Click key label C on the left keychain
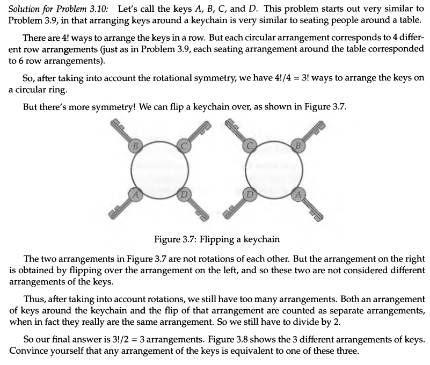pos(183,145)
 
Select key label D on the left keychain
pos(183,194)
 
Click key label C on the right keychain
pos(251,145)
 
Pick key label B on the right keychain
pos(298,145)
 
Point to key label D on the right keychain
pos(250,194)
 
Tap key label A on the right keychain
pos(298,194)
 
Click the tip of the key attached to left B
pos(114,124)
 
